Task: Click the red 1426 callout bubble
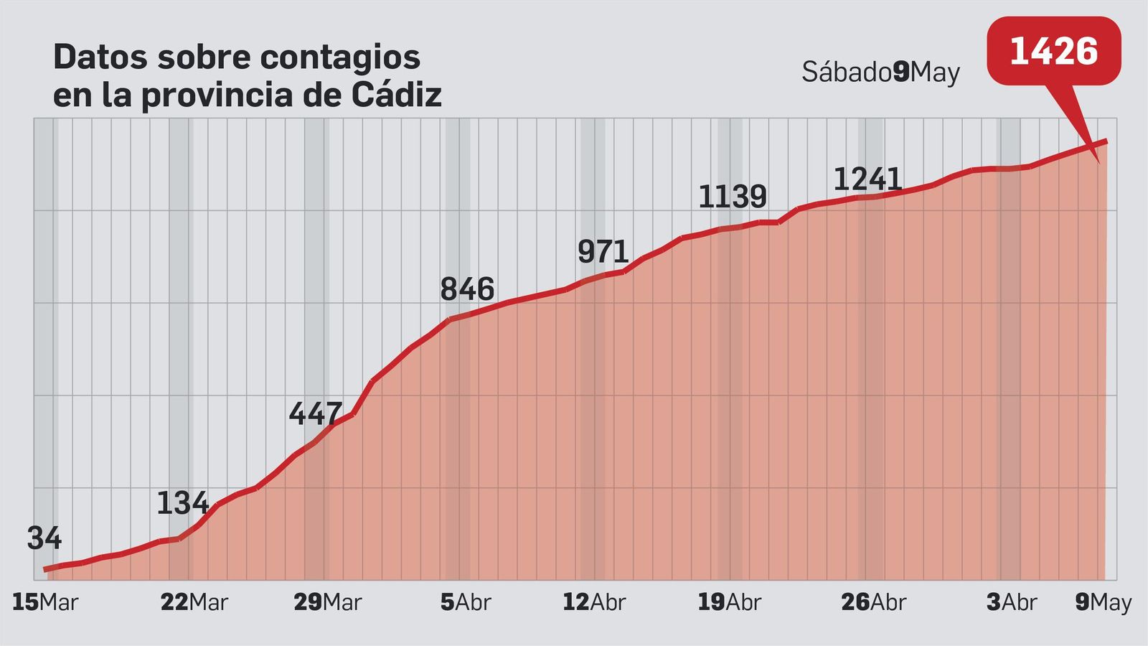[x=1053, y=52]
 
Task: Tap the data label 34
[x=44, y=538]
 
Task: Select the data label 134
[x=182, y=504]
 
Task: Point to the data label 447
[x=316, y=413]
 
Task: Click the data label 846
[x=467, y=289]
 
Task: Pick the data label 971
[x=603, y=252]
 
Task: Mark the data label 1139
[x=733, y=197]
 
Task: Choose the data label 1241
[x=867, y=179]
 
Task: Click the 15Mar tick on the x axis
[x=44, y=602]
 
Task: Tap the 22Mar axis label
[x=194, y=602]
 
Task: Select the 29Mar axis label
[x=327, y=602]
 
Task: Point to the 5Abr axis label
[x=466, y=602]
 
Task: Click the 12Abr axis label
[x=594, y=602]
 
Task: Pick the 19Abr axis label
[x=729, y=602]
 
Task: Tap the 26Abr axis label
[x=873, y=602]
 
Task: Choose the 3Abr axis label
[x=1011, y=602]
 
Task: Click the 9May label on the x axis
[x=1103, y=602]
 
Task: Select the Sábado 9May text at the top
[x=880, y=72]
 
